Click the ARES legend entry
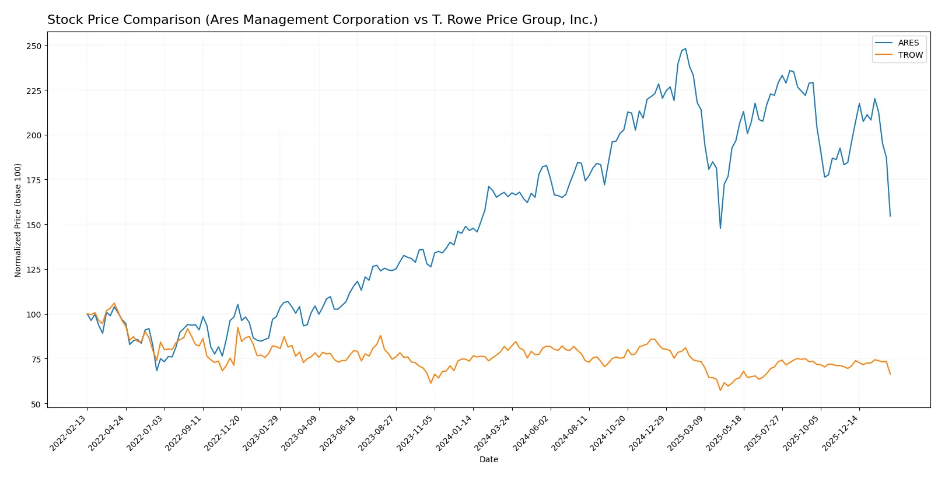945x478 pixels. point(908,43)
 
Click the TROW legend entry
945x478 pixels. point(910,55)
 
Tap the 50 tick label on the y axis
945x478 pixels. point(36,404)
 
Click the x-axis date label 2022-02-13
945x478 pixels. point(69,432)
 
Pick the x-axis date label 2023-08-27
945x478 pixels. point(377,432)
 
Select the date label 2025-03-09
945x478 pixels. point(687,432)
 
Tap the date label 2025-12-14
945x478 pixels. point(841,432)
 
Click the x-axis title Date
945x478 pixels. point(488,459)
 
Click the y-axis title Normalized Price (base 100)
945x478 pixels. point(18,220)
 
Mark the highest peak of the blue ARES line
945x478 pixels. point(685,49)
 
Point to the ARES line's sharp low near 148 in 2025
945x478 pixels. point(720,228)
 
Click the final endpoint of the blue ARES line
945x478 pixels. point(890,217)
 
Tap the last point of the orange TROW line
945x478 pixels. point(890,374)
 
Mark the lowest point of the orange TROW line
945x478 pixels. point(720,390)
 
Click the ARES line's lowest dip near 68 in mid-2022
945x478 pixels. point(156,371)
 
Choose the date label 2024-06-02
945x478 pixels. point(532,432)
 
